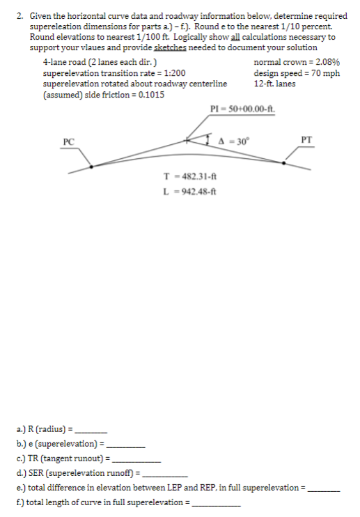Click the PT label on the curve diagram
pyautogui.click(x=308, y=139)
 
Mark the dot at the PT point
pyautogui.click(x=283, y=162)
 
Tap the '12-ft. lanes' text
pyautogui.click(x=275, y=83)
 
